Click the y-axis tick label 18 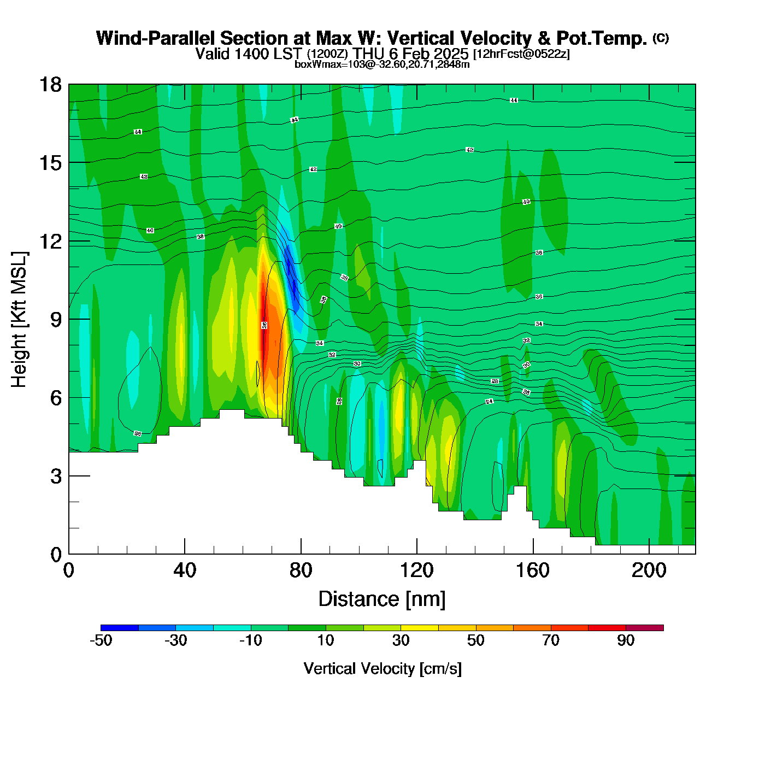[x=50, y=85]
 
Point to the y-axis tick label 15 [x=50, y=163]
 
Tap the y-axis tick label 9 [x=56, y=320]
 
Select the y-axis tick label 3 [x=56, y=476]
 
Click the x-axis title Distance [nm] [x=382, y=599]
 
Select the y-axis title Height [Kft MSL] [x=19, y=320]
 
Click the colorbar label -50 [x=101, y=640]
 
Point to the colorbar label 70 [x=551, y=640]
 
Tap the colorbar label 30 [x=401, y=640]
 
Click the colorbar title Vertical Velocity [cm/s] [x=382, y=668]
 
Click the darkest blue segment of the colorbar [x=120, y=628]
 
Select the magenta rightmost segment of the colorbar [x=645, y=628]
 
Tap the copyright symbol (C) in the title [x=661, y=38]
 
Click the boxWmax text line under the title [x=382, y=64]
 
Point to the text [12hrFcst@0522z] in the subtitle [x=521, y=54]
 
